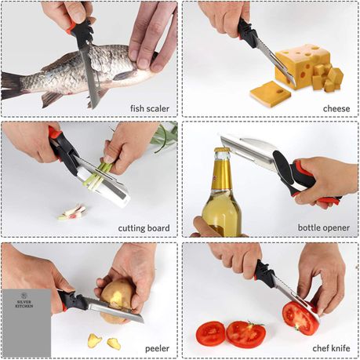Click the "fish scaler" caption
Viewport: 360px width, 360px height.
click(x=150, y=108)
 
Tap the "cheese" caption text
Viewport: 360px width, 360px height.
click(x=336, y=108)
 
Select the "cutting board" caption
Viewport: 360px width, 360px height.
click(x=144, y=228)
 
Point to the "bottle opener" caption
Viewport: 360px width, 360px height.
click(x=324, y=227)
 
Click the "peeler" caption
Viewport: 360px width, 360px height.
click(x=157, y=348)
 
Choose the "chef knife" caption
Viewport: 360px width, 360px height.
click(x=331, y=348)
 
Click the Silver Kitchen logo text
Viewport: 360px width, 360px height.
click(x=24, y=304)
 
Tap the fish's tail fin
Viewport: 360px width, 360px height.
click(x=12, y=86)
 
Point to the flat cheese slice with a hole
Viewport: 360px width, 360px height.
click(x=271, y=93)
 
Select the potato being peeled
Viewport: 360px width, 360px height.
click(x=116, y=300)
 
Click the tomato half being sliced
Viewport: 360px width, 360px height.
click(x=300, y=318)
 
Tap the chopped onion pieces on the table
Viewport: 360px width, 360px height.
click(x=72, y=212)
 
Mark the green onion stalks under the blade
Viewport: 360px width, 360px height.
click(x=99, y=174)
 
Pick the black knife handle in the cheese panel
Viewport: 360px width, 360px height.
click(x=246, y=34)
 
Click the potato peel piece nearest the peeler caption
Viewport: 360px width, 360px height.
click(x=114, y=344)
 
